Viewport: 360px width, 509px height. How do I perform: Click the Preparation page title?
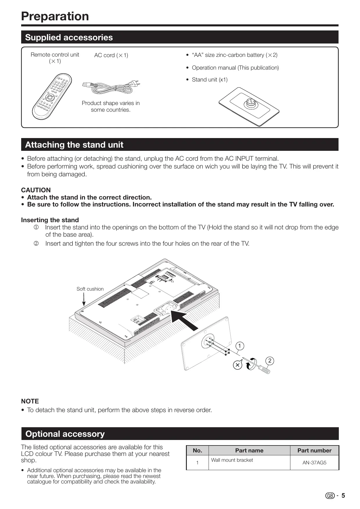55,16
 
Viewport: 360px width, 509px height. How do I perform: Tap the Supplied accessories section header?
69,37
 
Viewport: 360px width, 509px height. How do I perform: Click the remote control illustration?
52,97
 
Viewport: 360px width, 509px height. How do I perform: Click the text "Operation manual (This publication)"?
235,68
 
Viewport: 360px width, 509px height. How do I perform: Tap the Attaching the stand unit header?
74,145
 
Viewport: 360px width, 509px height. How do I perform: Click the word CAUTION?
36,190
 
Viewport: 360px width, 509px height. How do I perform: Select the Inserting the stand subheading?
50,220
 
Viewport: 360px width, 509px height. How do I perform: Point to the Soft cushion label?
90,289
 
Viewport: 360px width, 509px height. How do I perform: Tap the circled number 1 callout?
240,346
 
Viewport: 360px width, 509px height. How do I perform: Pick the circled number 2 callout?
270,361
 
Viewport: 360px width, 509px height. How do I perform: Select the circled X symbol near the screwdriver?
237,365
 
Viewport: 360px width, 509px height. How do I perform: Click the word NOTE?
30,401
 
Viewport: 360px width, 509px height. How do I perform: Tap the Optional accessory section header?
65,434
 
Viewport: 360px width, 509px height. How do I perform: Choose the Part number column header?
314,450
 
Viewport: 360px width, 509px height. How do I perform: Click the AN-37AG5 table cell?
314,463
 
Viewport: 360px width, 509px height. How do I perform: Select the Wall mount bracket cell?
232,460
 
